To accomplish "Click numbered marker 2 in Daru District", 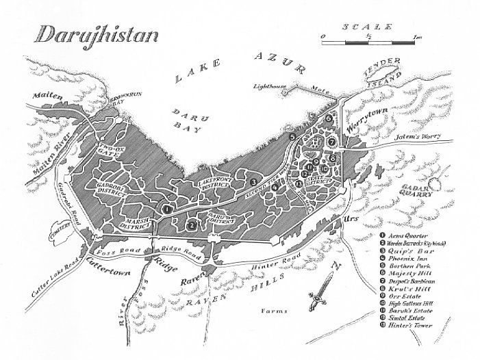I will tap(192, 223).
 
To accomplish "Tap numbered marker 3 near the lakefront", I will tap(253, 181).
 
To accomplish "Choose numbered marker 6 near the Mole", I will tap(329, 118).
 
